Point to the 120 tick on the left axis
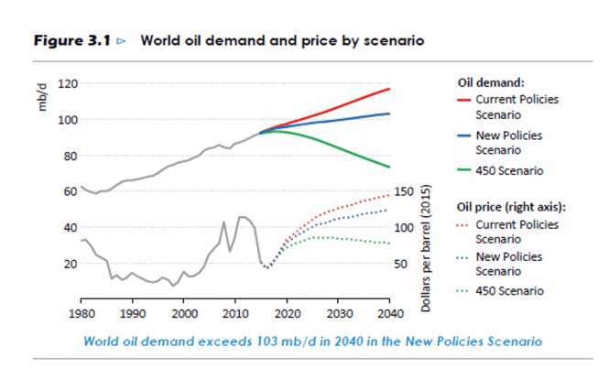(67, 83)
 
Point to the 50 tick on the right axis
(408, 264)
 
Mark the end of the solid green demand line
(390, 167)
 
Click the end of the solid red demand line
(390, 89)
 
